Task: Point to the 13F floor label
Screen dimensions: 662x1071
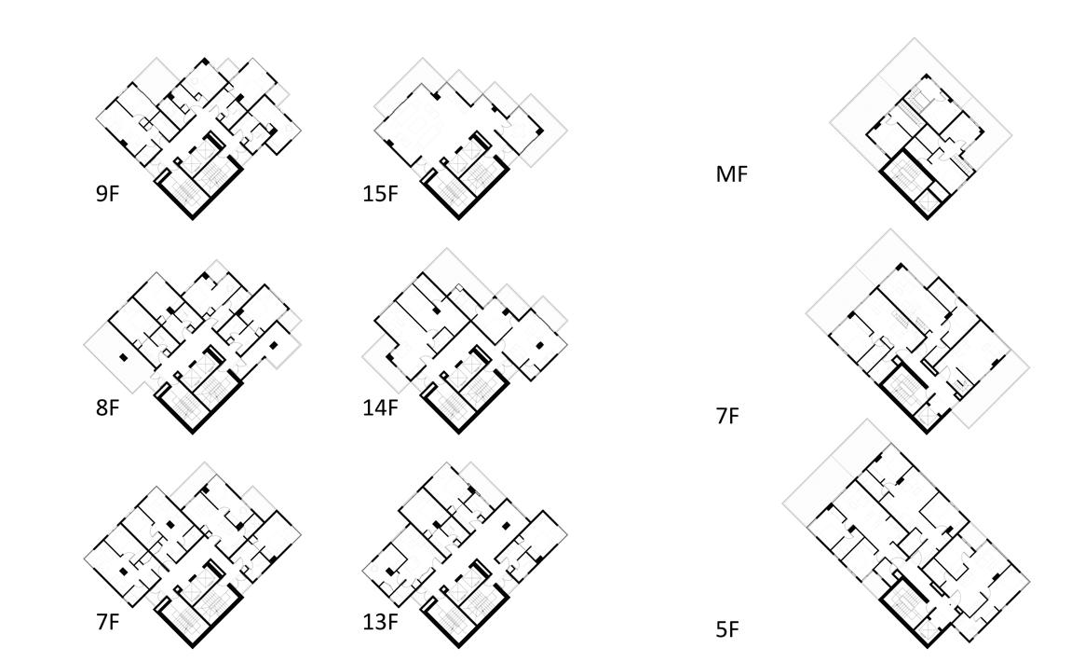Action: (380, 621)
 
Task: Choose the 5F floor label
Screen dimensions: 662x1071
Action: (727, 630)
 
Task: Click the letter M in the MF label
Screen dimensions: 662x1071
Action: (724, 173)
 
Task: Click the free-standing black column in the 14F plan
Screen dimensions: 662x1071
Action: (539, 347)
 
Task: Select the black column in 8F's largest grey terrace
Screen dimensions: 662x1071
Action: (122, 357)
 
